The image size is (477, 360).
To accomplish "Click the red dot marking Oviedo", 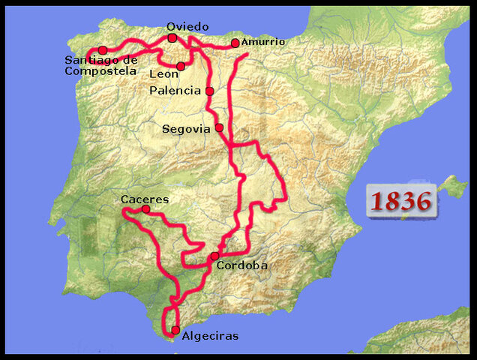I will [x=172, y=38].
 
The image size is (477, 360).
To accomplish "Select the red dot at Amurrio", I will [x=235, y=43].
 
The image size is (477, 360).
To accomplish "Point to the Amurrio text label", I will [x=262, y=42].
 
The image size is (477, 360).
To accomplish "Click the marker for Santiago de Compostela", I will [x=103, y=50].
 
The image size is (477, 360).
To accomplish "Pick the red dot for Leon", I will [x=181, y=67].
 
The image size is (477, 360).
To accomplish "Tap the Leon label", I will [x=163, y=74].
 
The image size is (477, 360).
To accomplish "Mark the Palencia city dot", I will [x=209, y=91].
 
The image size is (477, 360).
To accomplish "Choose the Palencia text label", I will [x=175, y=91].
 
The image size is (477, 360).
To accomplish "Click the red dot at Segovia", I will [x=219, y=127].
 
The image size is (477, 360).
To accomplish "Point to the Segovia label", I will [x=187, y=129].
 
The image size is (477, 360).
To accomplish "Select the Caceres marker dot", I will [x=145, y=209].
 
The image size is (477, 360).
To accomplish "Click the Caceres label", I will [x=145, y=199].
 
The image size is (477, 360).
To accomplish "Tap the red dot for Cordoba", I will [x=214, y=256].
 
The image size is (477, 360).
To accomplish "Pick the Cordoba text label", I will [x=241, y=265].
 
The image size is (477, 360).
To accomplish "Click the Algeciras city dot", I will [x=175, y=330].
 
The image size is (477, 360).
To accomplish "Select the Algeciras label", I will [x=210, y=336].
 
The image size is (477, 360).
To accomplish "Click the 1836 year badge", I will [x=400, y=201].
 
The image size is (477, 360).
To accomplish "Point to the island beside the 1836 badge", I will [x=451, y=185].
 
